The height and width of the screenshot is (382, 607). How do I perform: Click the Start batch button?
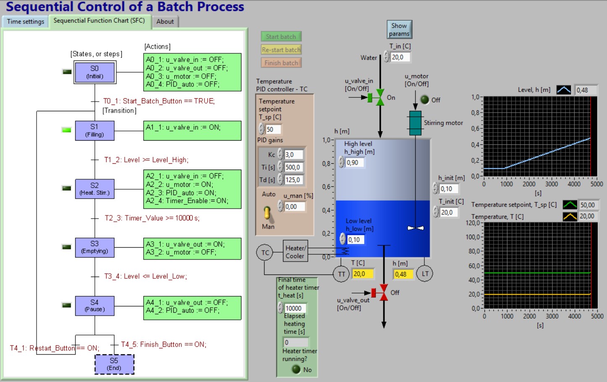point(281,37)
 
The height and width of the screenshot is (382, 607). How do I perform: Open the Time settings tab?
point(25,21)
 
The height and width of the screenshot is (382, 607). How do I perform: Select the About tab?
point(165,21)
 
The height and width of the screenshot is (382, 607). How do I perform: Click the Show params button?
point(399,29)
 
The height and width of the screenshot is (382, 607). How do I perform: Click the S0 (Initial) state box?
point(94,72)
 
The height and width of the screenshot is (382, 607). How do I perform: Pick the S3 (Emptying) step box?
point(94,247)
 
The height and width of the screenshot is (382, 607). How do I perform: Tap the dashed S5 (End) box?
point(114,364)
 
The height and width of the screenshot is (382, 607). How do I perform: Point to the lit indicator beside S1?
point(66,130)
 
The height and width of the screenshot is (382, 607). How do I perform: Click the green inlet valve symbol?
point(380,97)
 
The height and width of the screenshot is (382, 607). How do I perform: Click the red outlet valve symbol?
point(383,293)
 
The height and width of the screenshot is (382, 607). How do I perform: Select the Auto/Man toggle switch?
point(267,213)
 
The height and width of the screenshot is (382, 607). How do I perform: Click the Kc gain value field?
point(293,154)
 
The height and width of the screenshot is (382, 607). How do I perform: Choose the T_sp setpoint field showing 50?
point(273,129)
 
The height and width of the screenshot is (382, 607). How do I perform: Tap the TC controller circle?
point(265,253)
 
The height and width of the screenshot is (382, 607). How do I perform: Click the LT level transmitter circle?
point(425,274)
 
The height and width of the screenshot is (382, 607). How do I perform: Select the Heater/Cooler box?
point(295,252)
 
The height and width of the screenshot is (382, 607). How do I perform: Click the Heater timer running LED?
point(296,369)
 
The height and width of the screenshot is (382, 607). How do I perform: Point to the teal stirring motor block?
point(415,123)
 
